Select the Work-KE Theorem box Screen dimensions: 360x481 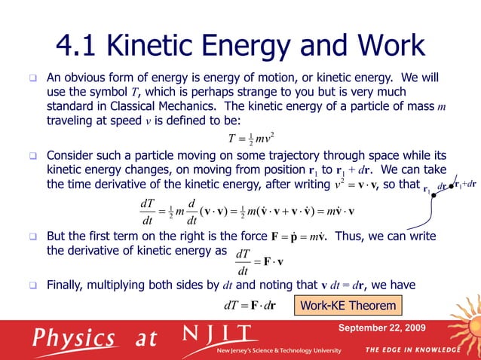coord(348,305)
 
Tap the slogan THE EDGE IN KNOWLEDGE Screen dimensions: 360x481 coord(412,350)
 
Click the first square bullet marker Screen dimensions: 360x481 coord(33,78)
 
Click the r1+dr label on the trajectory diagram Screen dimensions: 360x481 coord(466,184)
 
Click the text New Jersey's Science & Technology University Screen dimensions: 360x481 coord(278,350)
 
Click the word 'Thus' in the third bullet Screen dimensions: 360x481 coord(348,236)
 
